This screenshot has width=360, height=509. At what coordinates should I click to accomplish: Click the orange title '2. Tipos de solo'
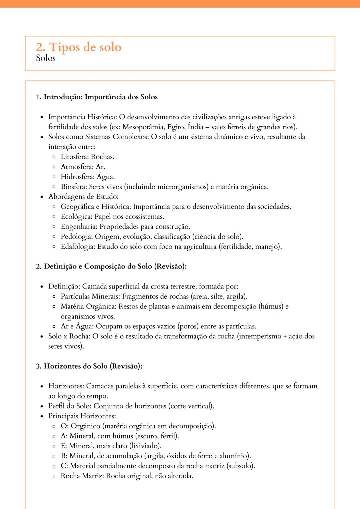tap(79, 47)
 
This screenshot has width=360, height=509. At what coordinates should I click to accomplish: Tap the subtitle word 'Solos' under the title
tap(46, 58)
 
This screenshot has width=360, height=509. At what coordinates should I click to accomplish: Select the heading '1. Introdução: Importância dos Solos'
tap(97, 97)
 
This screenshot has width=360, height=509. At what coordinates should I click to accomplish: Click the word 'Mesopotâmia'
tap(143, 127)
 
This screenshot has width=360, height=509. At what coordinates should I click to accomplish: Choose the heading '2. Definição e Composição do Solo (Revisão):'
tap(111, 266)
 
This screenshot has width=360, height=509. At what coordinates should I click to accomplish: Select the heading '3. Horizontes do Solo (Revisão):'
tap(89, 366)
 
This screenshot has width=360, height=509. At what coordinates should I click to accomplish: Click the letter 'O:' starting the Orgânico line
tap(64, 426)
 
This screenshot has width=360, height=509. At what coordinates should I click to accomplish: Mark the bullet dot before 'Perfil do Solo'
tap(42, 406)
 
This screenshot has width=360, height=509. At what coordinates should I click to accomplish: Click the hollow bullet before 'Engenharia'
tap(54, 227)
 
